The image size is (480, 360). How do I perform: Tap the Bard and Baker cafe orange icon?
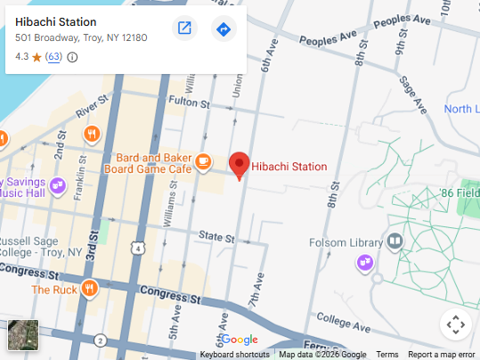tap(204, 161)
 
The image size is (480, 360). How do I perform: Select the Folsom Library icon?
tap(395, 241)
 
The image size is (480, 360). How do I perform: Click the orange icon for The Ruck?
tap(89, 289)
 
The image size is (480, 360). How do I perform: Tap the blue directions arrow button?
tap(224, 29)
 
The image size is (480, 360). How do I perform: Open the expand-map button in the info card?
tap(184, 29)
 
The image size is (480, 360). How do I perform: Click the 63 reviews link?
tap(53, 57)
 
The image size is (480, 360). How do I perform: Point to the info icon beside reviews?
tap(73, 57)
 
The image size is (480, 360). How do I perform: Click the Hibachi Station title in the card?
tap(56, 21)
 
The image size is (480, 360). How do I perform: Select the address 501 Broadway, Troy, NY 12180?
tap(81, 38)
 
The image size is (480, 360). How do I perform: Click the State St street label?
tap(216, 238)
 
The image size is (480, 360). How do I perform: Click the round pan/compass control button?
tap(455, 324)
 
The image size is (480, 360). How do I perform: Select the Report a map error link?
tap(442, 355)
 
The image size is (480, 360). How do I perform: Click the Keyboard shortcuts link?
tap(235, 355)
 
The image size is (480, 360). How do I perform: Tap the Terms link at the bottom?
tap(387, 355)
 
